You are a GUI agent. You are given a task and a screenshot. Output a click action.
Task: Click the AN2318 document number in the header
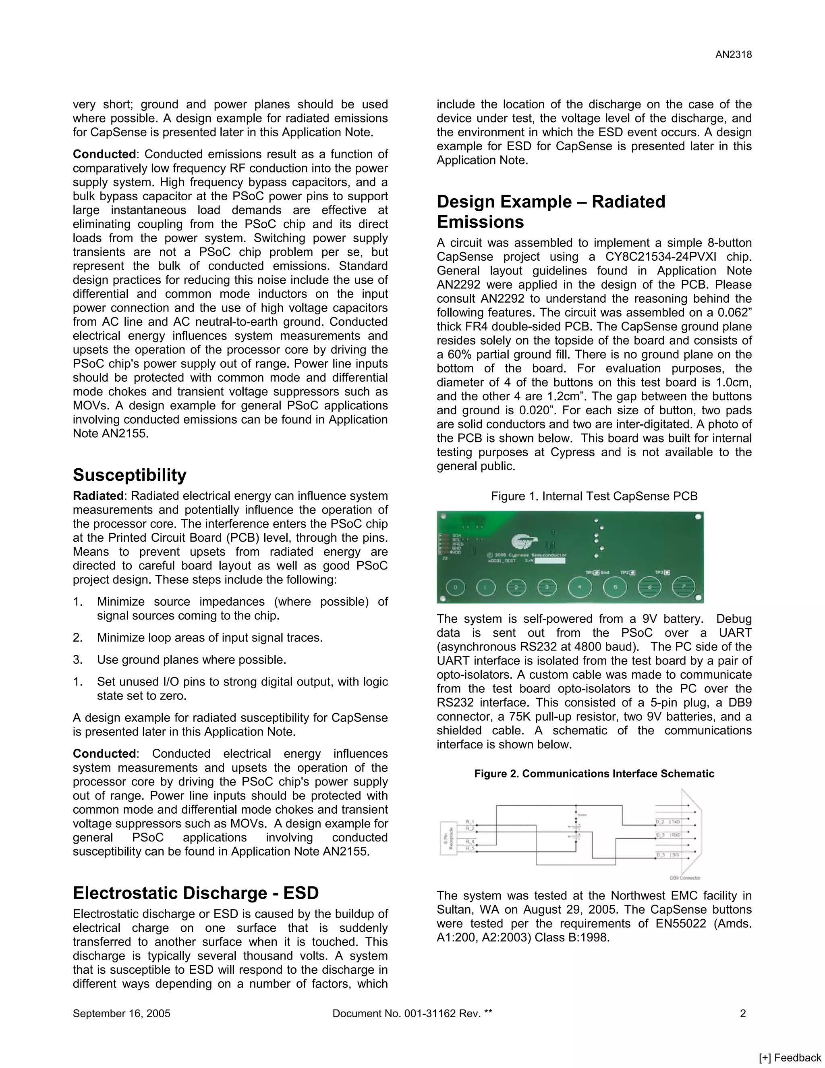coord(733,55)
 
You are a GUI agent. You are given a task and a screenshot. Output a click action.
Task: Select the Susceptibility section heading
coord(130,475)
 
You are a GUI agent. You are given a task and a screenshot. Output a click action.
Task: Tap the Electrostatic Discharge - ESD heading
coord(195,893)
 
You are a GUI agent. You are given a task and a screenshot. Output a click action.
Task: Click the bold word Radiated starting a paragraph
coord(98,496)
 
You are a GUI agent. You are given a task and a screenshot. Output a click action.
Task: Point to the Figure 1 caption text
coord(594,497)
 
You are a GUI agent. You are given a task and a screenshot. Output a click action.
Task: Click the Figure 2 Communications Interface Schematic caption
coord(594,774)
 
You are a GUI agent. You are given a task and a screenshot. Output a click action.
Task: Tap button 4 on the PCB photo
coord(580,587)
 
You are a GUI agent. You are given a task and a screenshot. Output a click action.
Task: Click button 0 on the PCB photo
coord(456,587)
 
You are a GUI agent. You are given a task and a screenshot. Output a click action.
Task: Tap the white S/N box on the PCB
coord(549,561)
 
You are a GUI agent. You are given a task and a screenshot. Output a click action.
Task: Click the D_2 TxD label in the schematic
coord(668,822)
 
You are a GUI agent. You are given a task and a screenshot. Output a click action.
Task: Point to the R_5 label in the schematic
coord(470,848)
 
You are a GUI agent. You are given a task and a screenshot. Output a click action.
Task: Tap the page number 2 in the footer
coord(742,1013)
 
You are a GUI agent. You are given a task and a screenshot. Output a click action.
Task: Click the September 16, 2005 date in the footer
coord(121,1013)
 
